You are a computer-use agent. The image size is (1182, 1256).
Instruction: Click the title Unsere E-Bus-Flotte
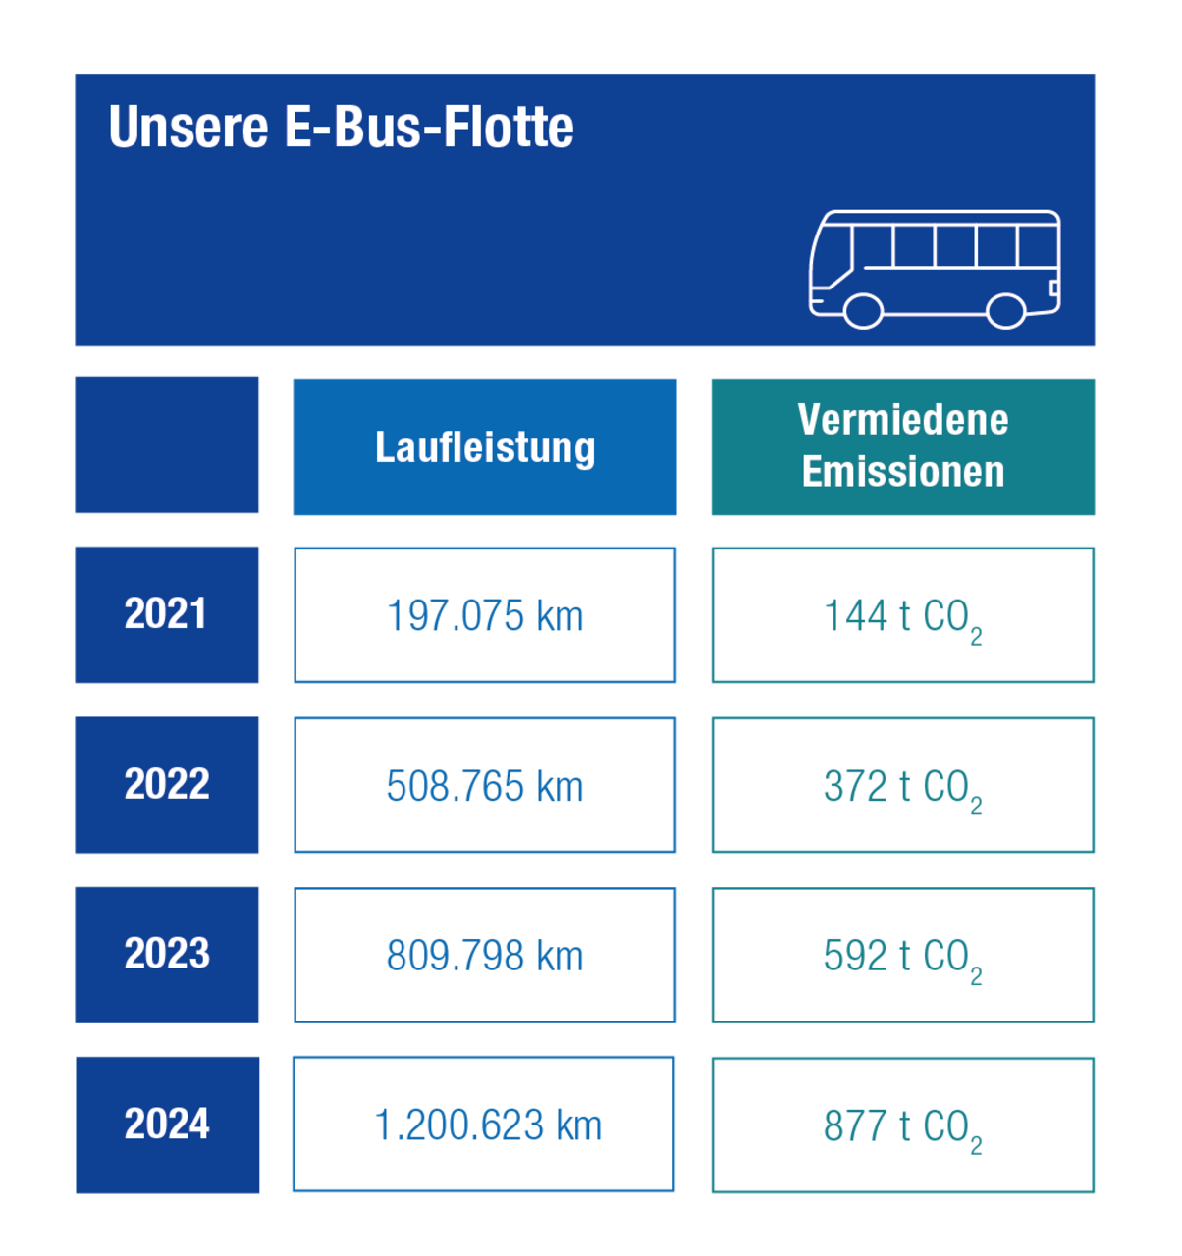pos(341,128)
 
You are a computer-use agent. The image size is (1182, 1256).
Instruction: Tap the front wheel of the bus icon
pos(863,311)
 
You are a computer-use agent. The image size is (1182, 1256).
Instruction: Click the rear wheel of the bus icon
pos(1006,311)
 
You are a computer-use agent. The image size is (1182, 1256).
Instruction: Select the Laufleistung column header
pos(485,447)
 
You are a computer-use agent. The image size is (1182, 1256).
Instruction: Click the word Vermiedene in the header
pos(903,420)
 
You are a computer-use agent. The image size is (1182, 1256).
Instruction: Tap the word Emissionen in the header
pos(903,472)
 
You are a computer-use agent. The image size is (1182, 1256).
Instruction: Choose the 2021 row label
pos(167,614)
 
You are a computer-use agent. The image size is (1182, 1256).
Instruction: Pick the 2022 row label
pos(167,785)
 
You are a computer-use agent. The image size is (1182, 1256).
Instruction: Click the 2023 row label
pos(167,955)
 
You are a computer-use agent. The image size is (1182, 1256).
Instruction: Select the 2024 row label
pos(167,1125)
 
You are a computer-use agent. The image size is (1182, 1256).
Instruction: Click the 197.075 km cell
pos(485,616)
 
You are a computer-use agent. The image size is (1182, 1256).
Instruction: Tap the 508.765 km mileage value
pos(485,787)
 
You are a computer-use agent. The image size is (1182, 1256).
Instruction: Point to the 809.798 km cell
pos(485,957)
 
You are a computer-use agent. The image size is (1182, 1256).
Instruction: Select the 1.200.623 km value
pos(487,1125)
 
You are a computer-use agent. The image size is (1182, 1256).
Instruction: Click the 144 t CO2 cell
pos(903,617)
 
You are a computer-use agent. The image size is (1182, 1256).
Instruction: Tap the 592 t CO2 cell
pos(903,957)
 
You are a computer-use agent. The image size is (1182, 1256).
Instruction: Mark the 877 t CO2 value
pos(903,1126)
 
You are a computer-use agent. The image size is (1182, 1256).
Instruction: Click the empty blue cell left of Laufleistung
pos(167,445)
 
